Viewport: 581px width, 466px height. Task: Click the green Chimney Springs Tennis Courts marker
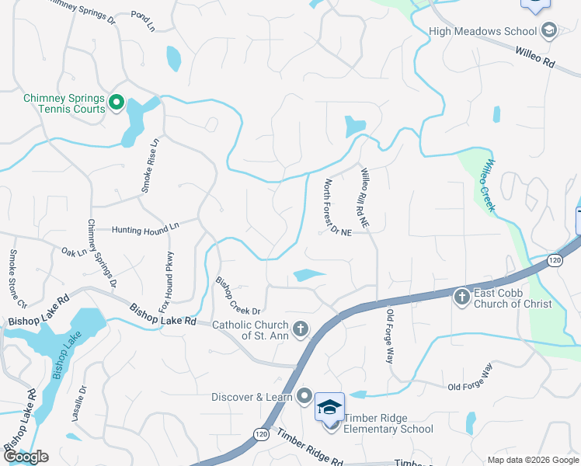pyautogui.click(x=117, y=103)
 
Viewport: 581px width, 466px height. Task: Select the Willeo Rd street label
pyautogui.click(x=534, y=57)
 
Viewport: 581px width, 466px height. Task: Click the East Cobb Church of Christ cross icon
pyautogui.click(x=462, y=296)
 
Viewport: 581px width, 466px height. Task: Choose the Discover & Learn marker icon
pyautogui.click(x=304, y=397)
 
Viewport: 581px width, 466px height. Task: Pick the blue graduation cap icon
pyautogui.click(x=329, y=407)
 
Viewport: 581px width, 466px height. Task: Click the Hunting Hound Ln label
pyautogui.click(x=144, y=229)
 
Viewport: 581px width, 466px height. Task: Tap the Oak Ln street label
pyautogui.click(x=74, y=252)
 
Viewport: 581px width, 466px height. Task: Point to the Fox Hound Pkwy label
pyautogui.click(x=166, y=280)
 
